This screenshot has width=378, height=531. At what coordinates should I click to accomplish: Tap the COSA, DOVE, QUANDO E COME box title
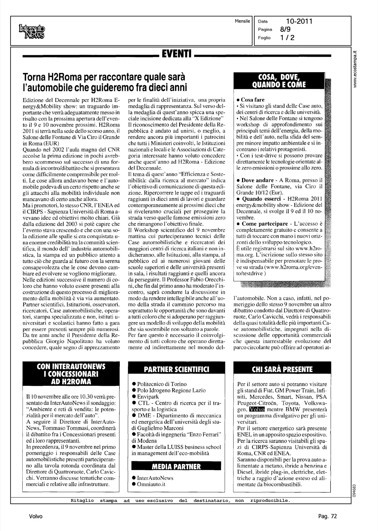click(x=279, y=81)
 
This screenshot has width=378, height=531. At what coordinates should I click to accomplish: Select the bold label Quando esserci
click(x=261, y=199)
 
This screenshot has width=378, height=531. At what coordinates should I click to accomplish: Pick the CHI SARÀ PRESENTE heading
click(x=282, y=369)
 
